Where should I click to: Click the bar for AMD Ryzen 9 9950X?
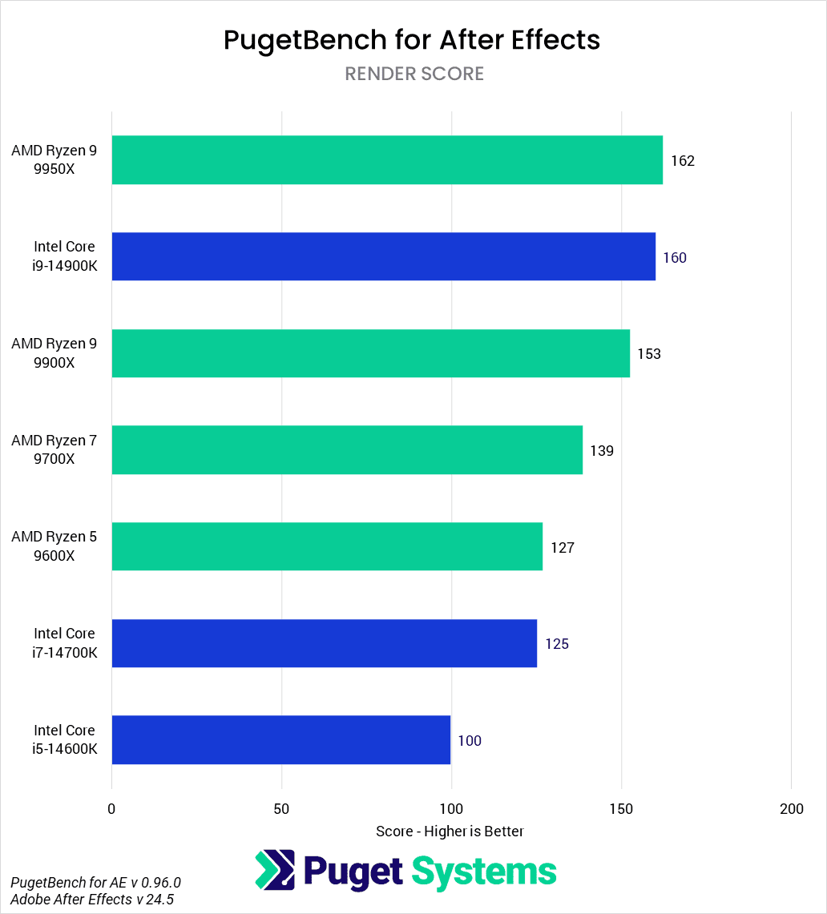tap(387, 160)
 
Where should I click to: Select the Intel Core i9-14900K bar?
tap(383, 256)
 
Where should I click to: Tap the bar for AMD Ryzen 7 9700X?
tap(347, 450)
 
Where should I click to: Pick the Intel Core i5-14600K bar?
tap(281, 739)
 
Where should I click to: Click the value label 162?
tap(683, 161)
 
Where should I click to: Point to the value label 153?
tap(649, 354)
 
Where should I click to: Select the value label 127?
tap(563, 548)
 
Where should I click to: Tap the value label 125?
tap(557, 644)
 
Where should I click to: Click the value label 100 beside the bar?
tap(470, 741)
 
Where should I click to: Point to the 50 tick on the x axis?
tap(281, 809)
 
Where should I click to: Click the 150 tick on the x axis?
tap(621, 809)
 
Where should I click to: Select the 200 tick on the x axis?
tap(791, 809)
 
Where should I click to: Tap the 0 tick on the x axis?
tap(111, 809)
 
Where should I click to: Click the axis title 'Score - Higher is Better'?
tap(450, 831)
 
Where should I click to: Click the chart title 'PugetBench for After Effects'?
tap(412, 40)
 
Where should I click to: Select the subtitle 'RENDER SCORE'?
tap(414, 74)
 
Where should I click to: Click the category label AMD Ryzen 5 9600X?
tap(54, 546)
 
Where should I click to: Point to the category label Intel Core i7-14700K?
tap(64, 642)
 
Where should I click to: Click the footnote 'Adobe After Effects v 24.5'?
tap(92, 900)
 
